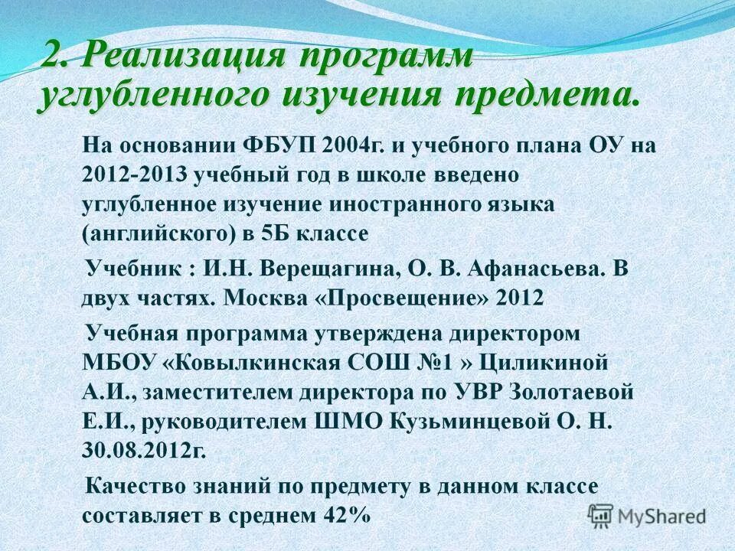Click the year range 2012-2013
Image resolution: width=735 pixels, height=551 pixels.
(x=136, y=174)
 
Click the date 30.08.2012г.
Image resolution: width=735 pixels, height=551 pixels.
(x=144, y=450)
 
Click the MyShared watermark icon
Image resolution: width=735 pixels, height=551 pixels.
(x=601, y=515)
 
